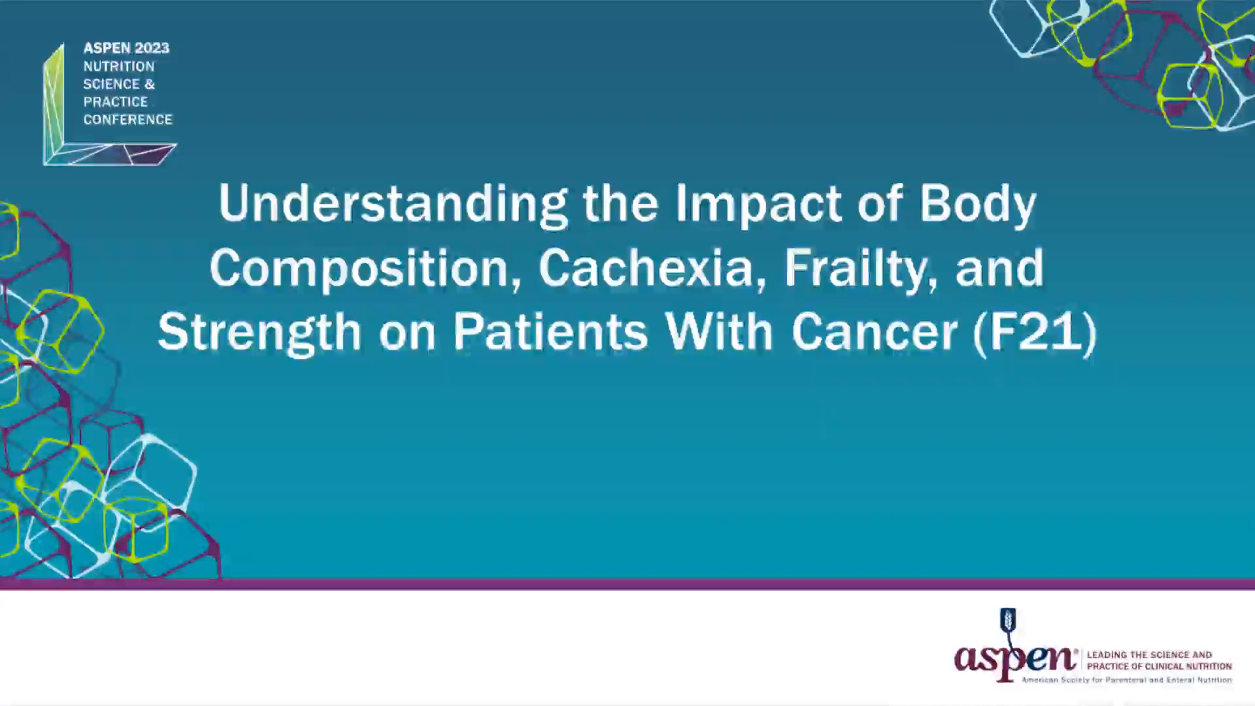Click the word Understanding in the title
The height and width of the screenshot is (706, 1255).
pos(392,204)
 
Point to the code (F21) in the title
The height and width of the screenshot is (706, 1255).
pos(1035,332)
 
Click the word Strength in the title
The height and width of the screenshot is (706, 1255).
pos(259,332)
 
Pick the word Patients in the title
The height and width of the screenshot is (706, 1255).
pos(550,332)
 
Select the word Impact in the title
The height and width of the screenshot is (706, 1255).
pos(758,204)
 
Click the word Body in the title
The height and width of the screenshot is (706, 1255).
pos(977,204)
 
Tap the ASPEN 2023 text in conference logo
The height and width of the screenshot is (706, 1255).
pos(126,48)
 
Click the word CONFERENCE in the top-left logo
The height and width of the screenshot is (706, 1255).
pos(127,120)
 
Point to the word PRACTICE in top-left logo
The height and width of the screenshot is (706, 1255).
pos(115,102)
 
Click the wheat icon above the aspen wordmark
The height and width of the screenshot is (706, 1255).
pos(1008,621)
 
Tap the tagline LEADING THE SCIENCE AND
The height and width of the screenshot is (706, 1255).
pos(1149,654)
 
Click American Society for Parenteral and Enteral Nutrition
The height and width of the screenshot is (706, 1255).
pos(1127,681)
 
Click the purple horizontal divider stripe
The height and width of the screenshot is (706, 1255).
pos(627,584)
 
